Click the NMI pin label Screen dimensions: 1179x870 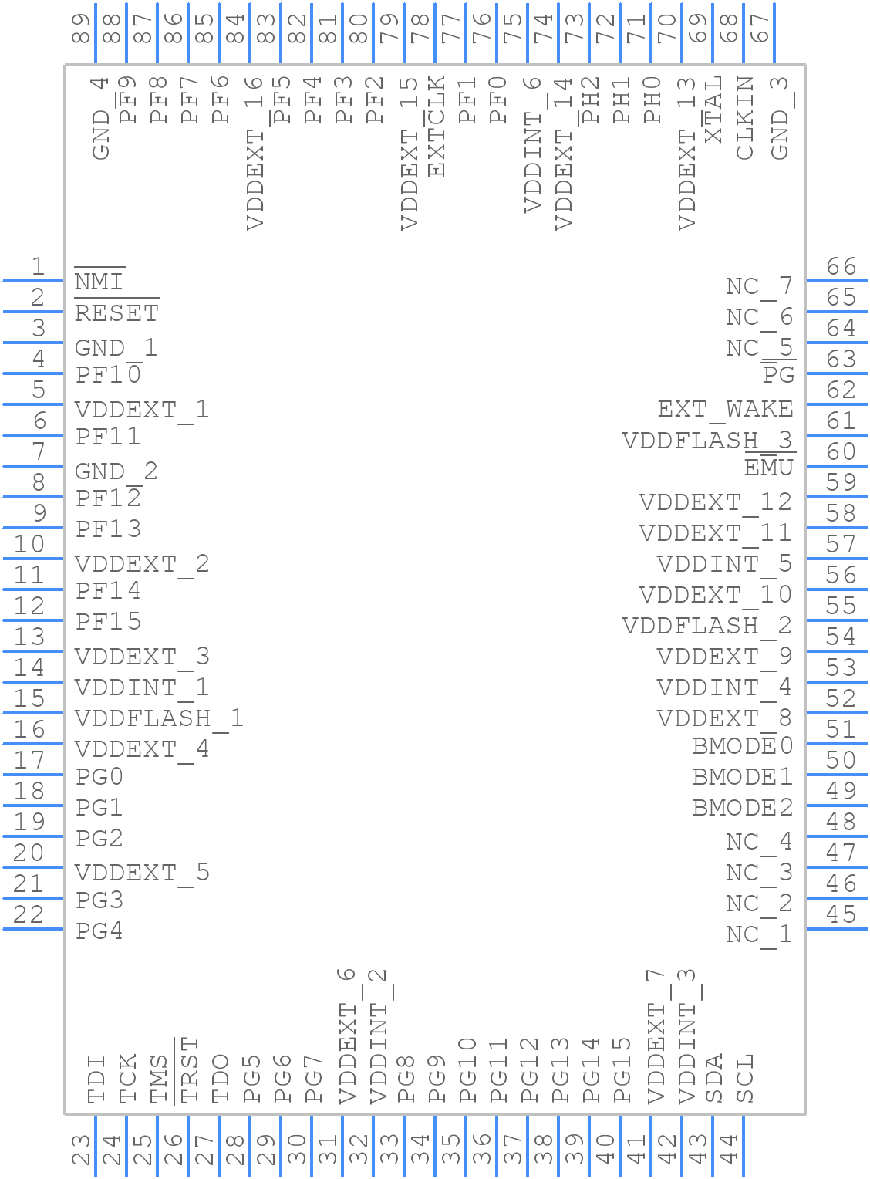(99, 282)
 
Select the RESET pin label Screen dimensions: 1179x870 (116, 313)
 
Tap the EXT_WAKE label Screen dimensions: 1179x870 (725, 409)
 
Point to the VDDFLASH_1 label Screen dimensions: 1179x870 (159, 718)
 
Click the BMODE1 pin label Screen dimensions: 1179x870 (742, 777)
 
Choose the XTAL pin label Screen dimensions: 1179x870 (713, 110)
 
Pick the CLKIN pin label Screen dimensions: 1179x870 (744, 118)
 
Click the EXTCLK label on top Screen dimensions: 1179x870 (436, 127)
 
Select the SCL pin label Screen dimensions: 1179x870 (744, 1078)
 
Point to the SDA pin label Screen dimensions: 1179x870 (714, 1078)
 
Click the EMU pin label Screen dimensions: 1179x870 (769, 468)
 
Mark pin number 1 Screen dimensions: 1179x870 (37, 267)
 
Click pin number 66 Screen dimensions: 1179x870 (841, 267)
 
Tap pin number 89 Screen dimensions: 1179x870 (81, 29)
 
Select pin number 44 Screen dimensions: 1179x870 (729, 1150)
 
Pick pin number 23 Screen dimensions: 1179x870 (81, 1150)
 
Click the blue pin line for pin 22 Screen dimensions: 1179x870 (33, 928)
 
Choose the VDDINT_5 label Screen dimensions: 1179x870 (724, 564)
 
